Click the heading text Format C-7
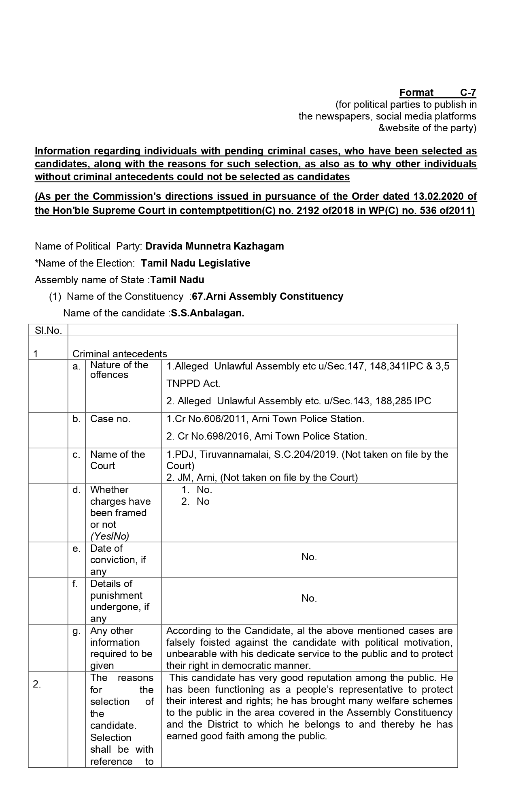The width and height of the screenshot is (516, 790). point(437,93)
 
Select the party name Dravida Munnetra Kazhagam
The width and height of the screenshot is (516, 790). point(214,246)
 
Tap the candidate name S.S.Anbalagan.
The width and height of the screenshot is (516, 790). point(207,313)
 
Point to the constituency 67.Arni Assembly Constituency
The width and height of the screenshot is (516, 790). point(268,297)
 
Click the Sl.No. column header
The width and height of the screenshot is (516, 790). point(48,331)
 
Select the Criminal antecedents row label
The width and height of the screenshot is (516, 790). point(119,354)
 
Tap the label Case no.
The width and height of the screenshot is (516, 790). point(110,419)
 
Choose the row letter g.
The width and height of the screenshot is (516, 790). point(76,631)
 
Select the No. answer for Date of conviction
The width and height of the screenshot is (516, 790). point(309,557)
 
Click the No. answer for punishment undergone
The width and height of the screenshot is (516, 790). point(309,598)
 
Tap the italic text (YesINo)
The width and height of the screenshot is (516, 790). point(110,536)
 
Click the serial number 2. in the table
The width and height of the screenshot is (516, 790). point(37,685)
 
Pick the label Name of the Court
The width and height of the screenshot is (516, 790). point(117,460)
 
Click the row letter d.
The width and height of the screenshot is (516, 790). point(76,490)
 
